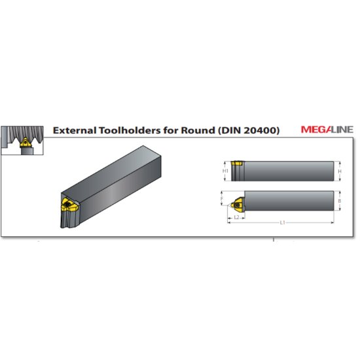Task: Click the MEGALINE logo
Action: coord(327,130)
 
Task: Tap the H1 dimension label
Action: coord(225,171)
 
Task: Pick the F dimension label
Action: coord(223,198)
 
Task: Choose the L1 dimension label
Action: coord(282,223)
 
